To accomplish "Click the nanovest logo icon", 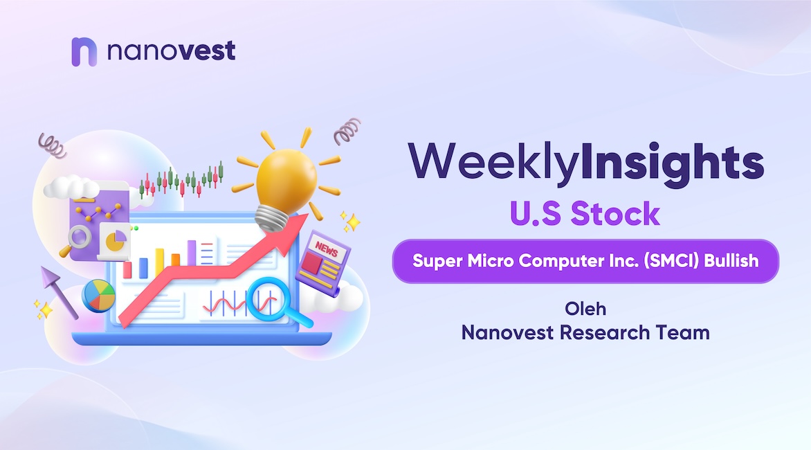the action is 84,52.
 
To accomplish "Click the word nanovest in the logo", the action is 171,51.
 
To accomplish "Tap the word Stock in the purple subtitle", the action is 615,214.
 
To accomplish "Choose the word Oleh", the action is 585,309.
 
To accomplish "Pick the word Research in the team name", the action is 605,332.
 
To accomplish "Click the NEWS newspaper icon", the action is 322,263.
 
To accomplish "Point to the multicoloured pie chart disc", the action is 98,296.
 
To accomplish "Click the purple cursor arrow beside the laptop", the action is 58,291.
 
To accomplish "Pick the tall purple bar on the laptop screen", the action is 192,253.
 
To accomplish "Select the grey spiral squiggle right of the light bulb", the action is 347,131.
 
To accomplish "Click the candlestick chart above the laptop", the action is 181,180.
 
